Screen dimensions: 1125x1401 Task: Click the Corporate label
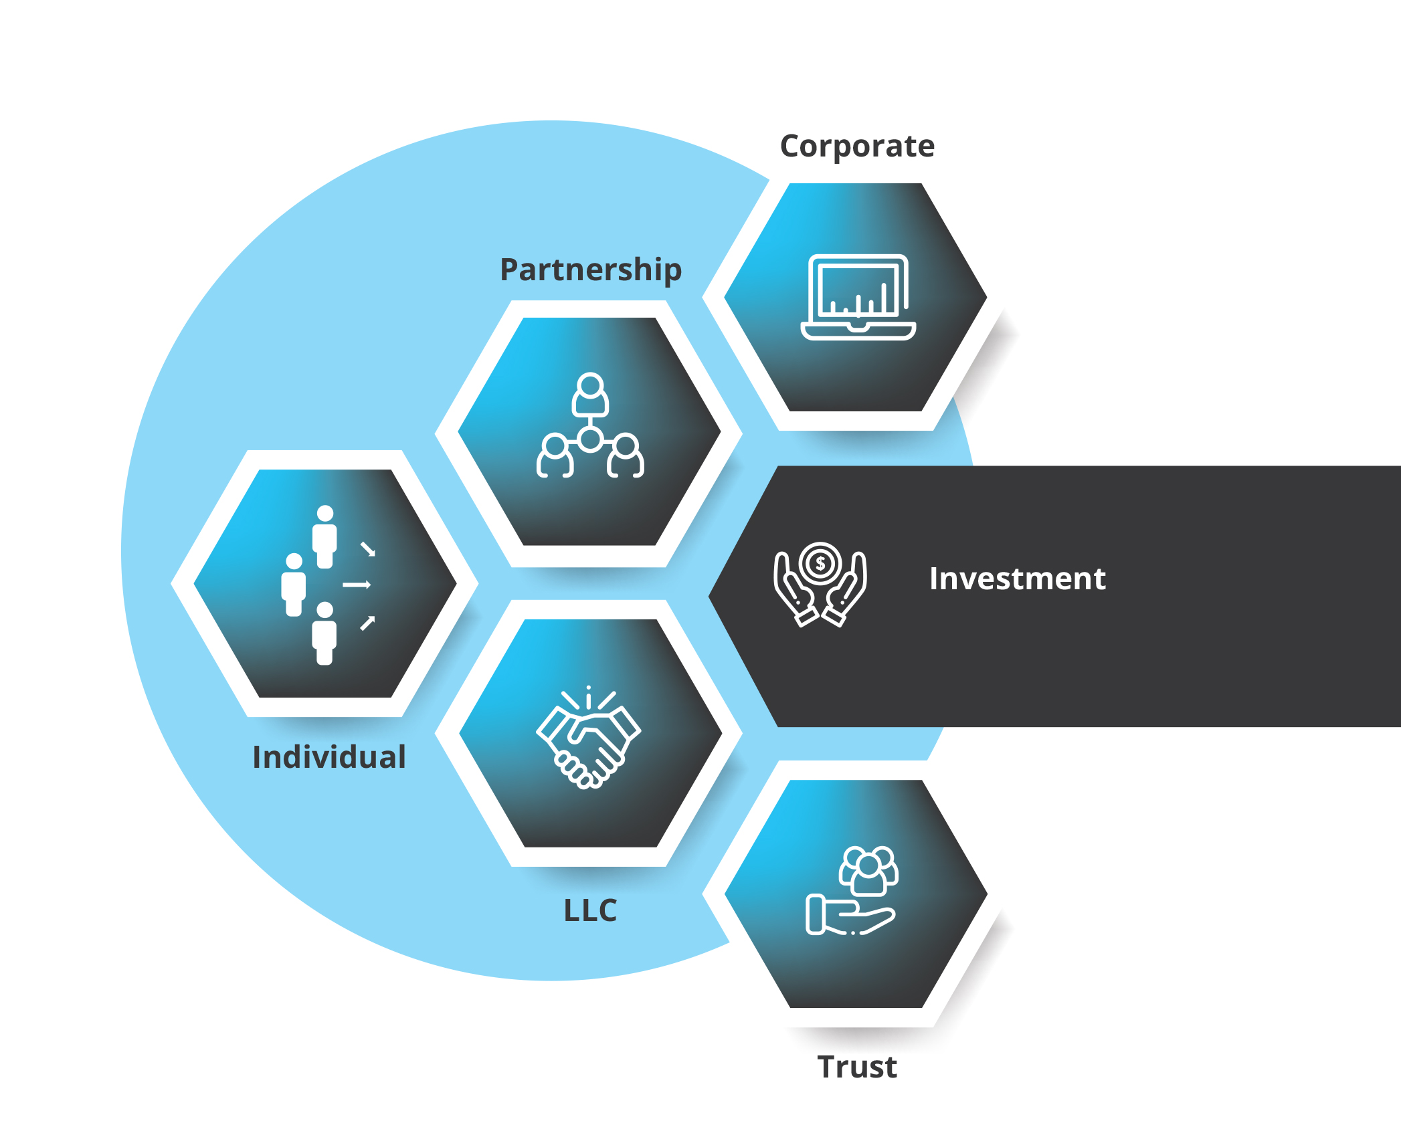(857, 146)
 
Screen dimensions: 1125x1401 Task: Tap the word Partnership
(591, 270)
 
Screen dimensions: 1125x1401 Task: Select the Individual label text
(329, 757)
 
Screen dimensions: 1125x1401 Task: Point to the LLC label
(590, 910)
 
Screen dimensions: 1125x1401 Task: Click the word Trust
(857, 1067)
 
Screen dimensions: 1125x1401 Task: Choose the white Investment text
(1017, 579)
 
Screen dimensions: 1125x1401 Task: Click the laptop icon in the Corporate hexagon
(858, 298)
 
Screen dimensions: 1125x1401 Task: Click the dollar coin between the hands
(820, 563)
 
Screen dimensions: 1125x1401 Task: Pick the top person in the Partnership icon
(590, 395)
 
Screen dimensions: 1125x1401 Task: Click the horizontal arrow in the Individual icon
(357, 585)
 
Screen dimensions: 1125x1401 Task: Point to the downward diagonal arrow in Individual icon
(368, 549)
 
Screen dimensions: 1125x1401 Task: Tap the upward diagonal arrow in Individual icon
(368, 623)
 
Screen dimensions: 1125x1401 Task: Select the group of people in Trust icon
(868, 870)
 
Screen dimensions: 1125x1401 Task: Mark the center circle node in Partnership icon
(590, 439)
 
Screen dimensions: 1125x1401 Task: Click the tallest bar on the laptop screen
(884, 298)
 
